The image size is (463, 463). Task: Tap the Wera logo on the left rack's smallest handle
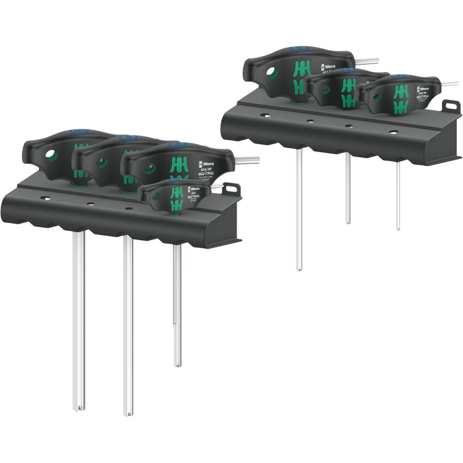point(194,191)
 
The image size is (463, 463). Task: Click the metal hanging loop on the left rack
point(230,190)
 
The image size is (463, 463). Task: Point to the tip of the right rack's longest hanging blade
point(299,268)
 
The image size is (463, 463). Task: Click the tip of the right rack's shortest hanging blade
point(398,228)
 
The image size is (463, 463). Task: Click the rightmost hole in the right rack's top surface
point(393,132)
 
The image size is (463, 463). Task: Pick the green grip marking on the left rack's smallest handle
point(177,196)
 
